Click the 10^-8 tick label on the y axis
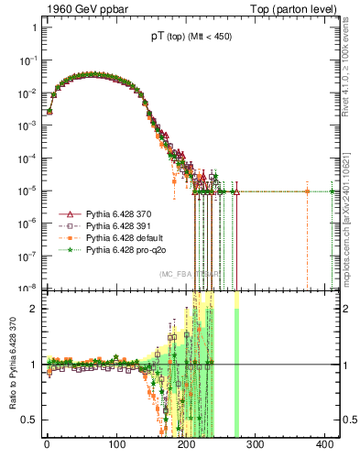coord(27,289)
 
